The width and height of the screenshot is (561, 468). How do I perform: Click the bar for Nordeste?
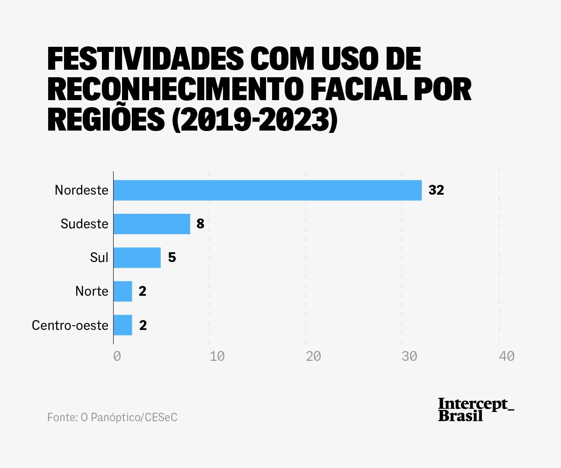coord(267,190)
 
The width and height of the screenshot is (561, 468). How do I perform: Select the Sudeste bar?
coord(152,224)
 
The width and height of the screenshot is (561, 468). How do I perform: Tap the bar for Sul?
coord(137,257)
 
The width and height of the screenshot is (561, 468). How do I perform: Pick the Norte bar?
coord(123,291)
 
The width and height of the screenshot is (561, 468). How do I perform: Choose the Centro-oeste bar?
coord(123,325)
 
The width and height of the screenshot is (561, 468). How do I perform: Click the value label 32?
coord(436,190)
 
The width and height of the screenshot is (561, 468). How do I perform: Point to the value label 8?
coord(200,224)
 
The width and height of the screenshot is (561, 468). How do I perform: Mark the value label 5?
coord(172,257)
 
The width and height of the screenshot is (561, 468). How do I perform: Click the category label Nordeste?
coord(81,190)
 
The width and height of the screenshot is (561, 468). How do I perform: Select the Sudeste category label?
coord(85,224)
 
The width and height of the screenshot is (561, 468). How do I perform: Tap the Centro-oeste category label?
coord(70,325)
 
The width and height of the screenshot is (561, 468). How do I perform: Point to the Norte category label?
coord(92,292)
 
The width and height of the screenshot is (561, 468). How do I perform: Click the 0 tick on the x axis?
coord(117,356)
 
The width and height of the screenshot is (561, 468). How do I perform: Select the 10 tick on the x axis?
coord(217,356)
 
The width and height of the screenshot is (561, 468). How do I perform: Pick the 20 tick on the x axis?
coord(313,356)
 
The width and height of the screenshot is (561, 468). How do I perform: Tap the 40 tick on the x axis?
coord(507,356)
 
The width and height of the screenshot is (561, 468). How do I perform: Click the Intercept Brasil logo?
coord(475,409)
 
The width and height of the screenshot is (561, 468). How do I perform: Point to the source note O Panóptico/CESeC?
coord(112,417)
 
